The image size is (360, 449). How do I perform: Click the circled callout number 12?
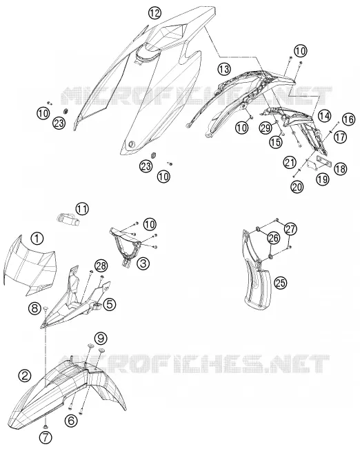[154, 12]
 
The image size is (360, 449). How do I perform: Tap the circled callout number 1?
[37, 238]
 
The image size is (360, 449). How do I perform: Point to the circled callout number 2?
[25, 375]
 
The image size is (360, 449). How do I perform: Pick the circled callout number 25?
[281, 283]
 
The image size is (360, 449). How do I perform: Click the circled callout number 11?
[82, 209]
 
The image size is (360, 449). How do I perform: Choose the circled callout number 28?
[101, 266]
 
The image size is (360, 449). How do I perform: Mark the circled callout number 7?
[46, 437]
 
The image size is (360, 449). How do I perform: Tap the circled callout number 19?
[323, 179]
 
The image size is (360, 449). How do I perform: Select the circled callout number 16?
[348, 119]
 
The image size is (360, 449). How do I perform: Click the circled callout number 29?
[266, 128]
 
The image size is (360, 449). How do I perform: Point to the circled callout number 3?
[143, 263]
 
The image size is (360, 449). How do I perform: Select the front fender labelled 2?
[66, 392]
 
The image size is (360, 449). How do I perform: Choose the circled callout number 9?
[101, 338]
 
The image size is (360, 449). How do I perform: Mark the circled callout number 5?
[110, 305]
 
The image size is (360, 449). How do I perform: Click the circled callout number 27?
[291, 229]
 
